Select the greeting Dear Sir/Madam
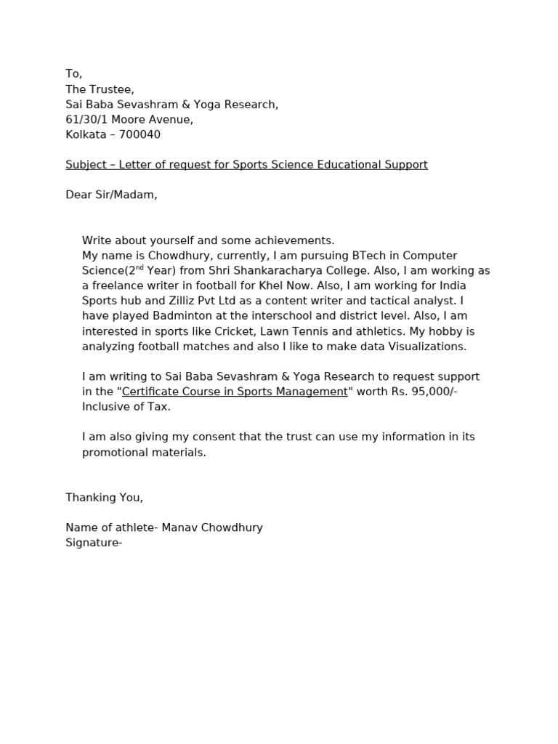[111, 195]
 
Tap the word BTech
[352, 256]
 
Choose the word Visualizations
[416, 347]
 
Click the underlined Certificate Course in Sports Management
[235, 392]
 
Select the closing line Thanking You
[104, 498]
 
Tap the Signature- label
[94, 543]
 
